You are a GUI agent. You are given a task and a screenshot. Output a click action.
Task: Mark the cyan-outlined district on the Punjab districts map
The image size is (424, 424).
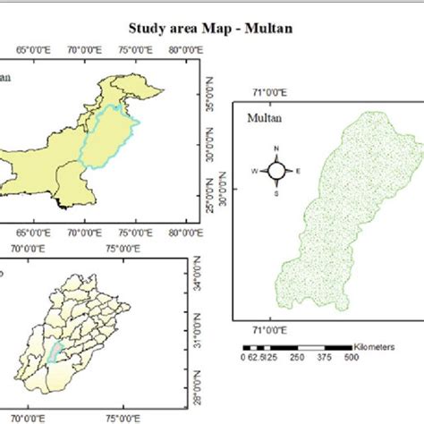tap(56, 353)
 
